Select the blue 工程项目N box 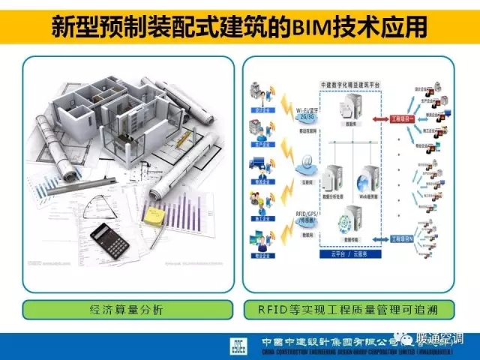(403, 238)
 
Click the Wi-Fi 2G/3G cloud (307, 115)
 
